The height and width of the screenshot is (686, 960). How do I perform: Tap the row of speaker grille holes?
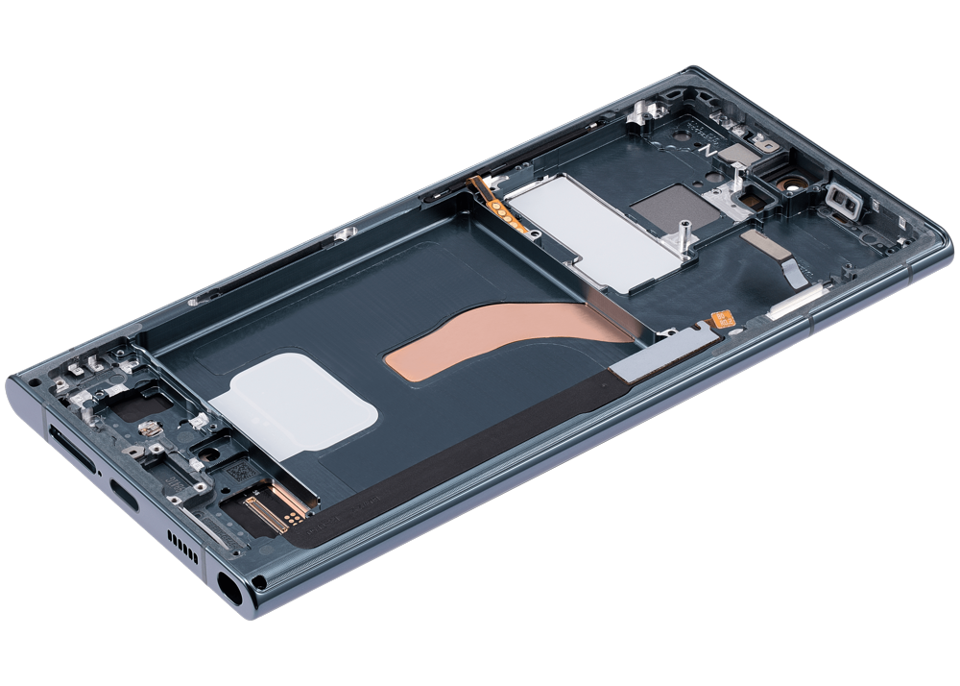point(182,547)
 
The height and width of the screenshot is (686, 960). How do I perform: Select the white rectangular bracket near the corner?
point(844,199)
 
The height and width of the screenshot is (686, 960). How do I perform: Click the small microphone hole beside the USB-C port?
point(100,473)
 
